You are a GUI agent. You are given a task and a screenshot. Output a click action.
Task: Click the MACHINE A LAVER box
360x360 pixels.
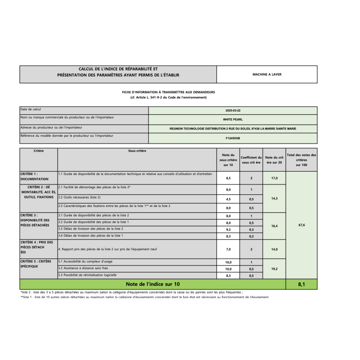click(x=267, y=74)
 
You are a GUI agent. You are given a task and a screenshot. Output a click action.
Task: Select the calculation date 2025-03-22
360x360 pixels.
click(x=233, y=111)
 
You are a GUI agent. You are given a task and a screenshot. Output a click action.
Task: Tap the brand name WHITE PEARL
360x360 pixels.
click(x=233, y=120)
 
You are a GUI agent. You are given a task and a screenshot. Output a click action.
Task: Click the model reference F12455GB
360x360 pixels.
click(x=233, y=138)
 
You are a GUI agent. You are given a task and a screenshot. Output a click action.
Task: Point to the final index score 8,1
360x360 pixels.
click(x=301, y=284)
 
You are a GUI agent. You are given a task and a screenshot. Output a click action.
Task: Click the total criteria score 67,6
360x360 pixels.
click(x=301, y=225)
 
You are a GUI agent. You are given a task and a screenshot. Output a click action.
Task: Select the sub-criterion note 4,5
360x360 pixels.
click(x=228, y=199)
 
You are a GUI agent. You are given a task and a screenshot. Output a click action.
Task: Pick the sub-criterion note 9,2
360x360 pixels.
click(x=228, y=229)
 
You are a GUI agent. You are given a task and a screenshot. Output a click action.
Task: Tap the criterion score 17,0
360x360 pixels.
click(x=274, y=178)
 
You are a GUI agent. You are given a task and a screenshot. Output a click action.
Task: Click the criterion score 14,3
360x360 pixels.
click(x=274, y=198)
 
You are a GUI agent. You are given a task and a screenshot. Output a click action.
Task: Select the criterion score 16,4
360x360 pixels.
click(x=274, y=226)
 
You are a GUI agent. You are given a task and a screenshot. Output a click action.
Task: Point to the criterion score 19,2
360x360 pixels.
click(x=274, y=269)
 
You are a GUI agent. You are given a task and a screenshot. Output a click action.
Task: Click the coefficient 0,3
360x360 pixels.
click(x=251, y=229)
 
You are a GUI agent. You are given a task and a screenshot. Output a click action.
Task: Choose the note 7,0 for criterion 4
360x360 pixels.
click(x=228, y=249)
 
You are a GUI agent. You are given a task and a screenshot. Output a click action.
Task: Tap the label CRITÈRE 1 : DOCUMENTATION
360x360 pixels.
click(x=38, y=176)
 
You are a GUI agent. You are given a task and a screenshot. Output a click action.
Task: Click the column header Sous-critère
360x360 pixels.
click(x=137, y=151)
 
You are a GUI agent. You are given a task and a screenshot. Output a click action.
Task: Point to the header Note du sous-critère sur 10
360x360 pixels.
click(x=228, y=160)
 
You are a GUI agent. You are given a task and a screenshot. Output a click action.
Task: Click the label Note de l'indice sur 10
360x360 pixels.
click(x=153, y=284)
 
